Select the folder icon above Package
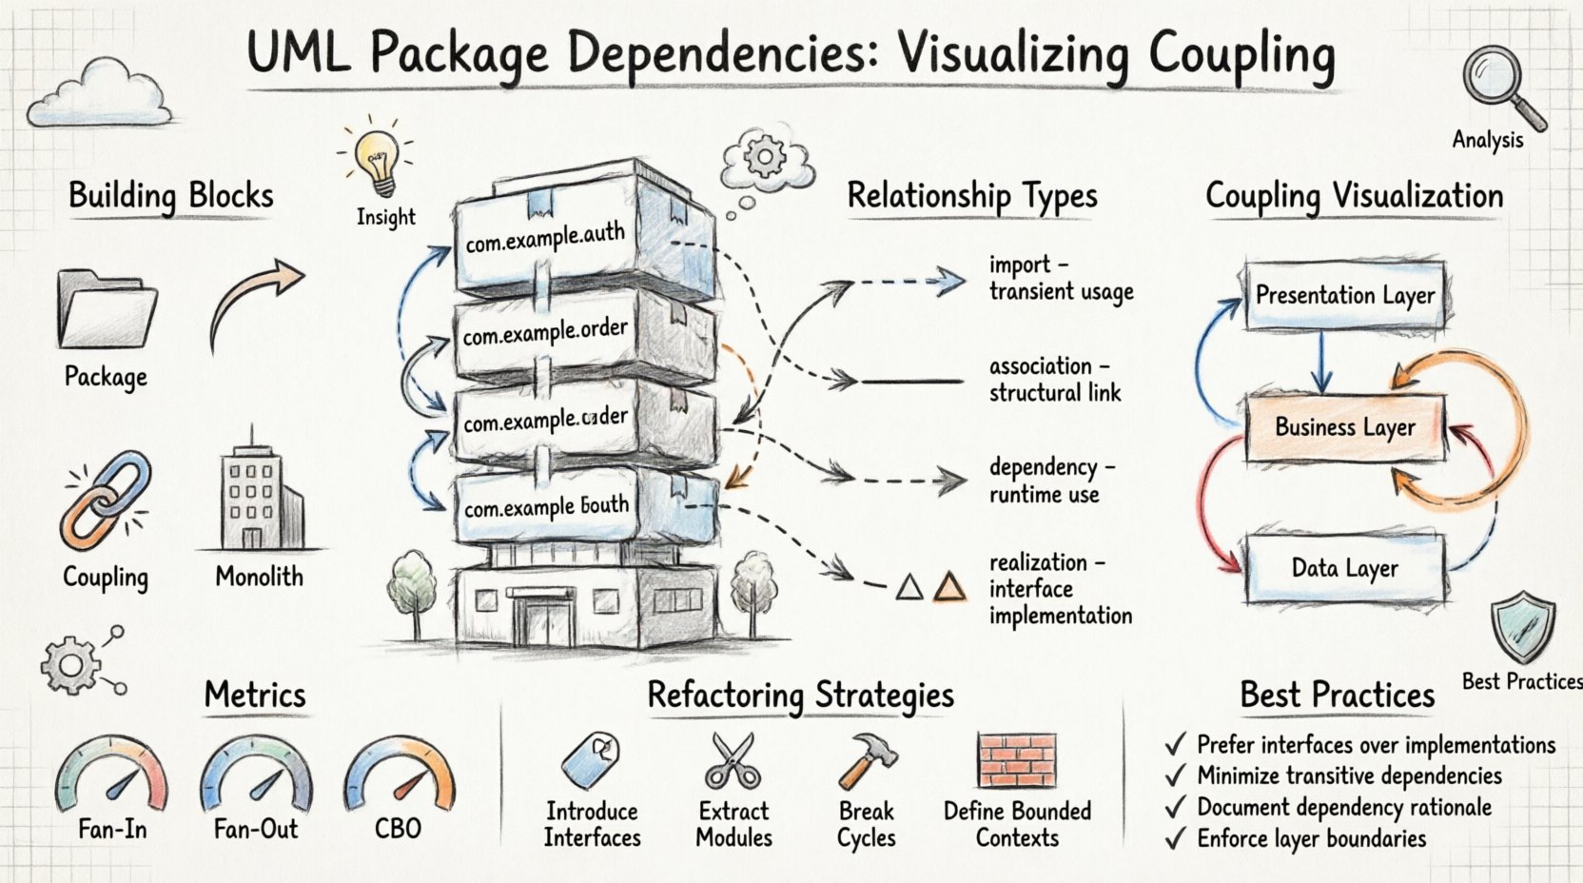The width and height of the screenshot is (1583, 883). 107,310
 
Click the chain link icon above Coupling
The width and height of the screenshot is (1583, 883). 105,500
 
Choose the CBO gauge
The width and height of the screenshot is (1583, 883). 400,773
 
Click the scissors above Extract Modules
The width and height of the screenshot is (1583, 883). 733,760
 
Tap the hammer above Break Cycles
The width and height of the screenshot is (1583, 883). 867,760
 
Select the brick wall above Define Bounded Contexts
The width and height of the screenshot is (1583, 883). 1017,760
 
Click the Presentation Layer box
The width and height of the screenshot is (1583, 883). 1344,295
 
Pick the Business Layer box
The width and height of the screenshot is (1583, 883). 1344,427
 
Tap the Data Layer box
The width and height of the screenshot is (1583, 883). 1344,568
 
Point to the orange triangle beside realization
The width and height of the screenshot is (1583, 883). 948,586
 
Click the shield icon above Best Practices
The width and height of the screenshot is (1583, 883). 1523,627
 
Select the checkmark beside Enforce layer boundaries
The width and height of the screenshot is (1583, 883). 1177,838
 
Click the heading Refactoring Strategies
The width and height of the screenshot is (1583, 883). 800,696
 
